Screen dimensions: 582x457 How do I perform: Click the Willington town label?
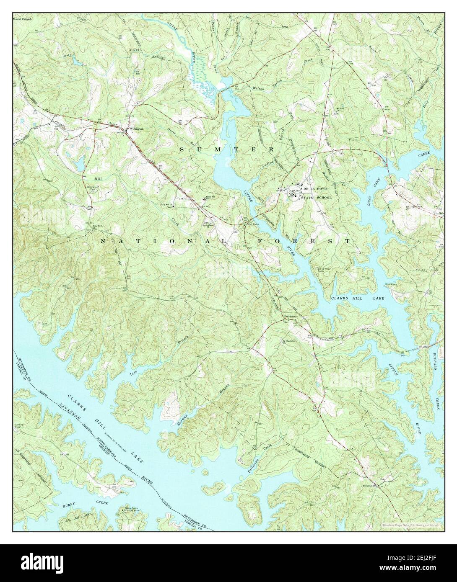coord(136,129)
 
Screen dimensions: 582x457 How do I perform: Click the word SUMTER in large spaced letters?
coord(227,149)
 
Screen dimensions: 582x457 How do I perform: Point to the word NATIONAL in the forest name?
coord(166,242)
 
